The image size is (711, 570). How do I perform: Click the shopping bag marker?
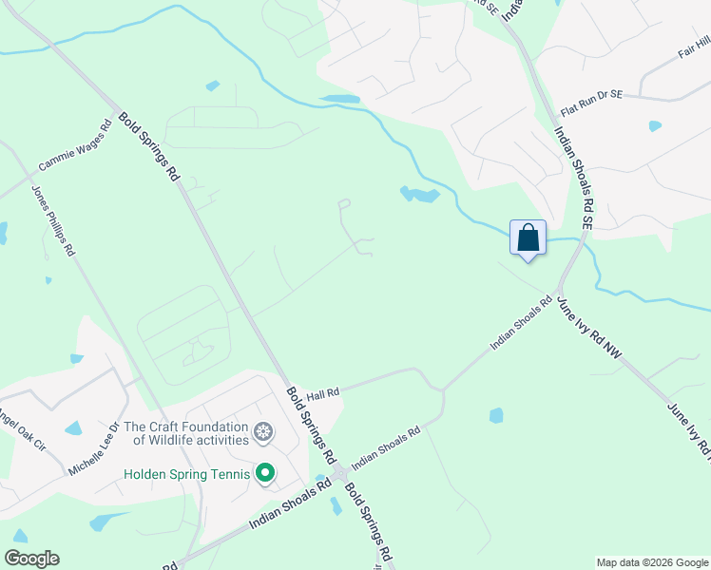(528, 237)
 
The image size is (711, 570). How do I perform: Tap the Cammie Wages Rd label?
(75, 146)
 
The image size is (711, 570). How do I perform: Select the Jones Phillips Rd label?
(53, 219)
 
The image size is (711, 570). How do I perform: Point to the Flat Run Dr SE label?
(591, 95)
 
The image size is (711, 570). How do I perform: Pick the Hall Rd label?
(322, 391)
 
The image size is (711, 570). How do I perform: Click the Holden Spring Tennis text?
(185, 473)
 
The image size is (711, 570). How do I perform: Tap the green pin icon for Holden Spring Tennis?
(265, 472)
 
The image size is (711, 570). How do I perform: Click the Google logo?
(31, 559)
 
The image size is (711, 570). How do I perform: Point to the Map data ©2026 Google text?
(651, 562)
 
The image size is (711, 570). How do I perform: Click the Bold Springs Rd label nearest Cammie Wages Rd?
(150, 147)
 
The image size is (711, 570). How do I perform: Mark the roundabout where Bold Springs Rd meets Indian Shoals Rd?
(339, 472)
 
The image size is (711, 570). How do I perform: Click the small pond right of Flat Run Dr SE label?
(655, 125)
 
